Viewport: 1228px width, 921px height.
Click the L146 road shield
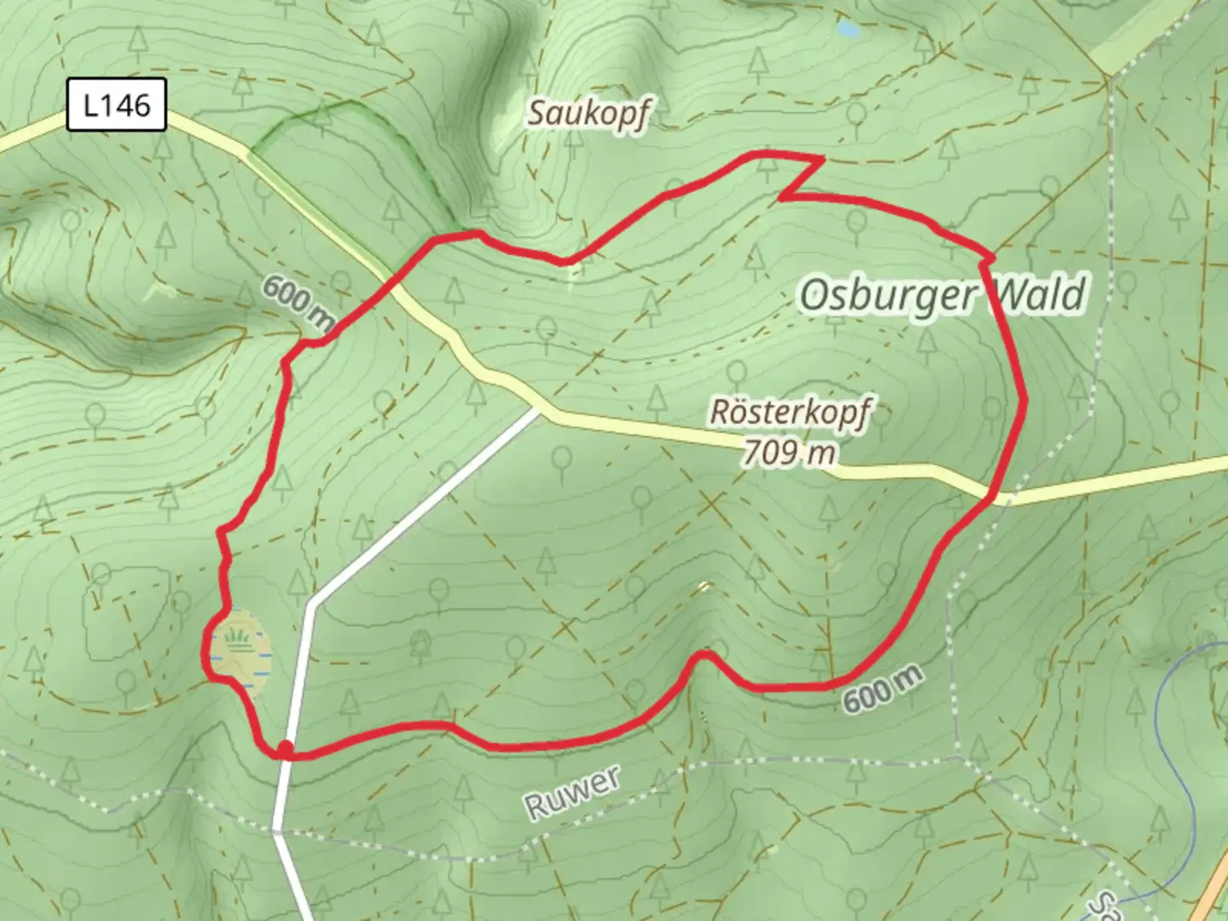116,105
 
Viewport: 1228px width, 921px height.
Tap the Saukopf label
588,113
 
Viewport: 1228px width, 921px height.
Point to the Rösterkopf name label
790,414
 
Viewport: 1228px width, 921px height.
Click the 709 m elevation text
789,452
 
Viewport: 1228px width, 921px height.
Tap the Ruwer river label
572,792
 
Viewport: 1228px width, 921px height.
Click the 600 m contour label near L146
298,303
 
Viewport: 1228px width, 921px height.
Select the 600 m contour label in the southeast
883,688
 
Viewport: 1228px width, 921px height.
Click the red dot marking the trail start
285,749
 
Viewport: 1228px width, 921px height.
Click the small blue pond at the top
848,29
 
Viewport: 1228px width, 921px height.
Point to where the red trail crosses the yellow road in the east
993,495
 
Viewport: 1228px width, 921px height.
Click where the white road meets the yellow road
537,411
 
